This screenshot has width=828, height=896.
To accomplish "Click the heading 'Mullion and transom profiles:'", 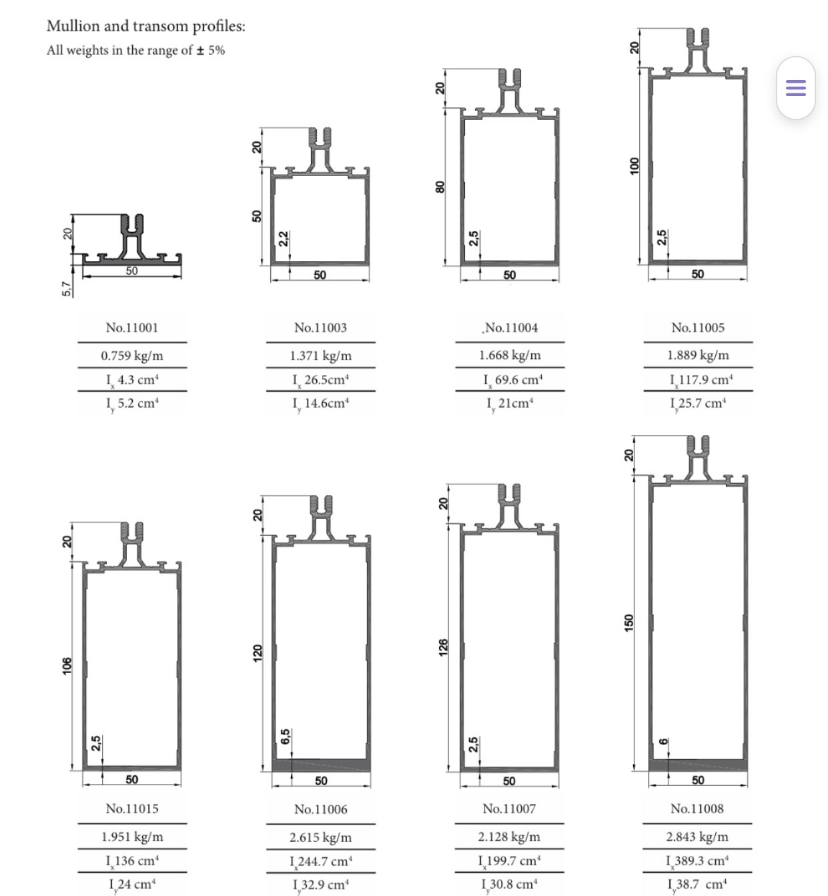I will click(x=145, y=26).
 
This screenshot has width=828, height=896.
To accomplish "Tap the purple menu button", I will click(x=795, y=87).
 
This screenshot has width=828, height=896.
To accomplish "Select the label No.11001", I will click(x=132, y=328).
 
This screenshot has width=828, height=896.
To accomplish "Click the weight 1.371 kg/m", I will click(x=320, y=356).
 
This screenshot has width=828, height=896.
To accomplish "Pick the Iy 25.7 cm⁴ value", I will click(x=698, y=403).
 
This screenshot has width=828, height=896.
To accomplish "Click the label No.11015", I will click(x=132, y=809).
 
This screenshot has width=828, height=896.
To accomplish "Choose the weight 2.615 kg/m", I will click(x=320, y=837).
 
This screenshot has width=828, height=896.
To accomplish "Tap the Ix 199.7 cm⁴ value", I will click(x=509, y=861).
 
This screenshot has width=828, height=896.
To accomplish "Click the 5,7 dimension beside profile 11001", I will click(x=66, y=288).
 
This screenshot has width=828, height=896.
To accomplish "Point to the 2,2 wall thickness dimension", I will click(x=284, y=238).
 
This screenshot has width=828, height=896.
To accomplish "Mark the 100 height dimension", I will click(x=635, y=165).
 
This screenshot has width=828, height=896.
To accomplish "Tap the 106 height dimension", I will click(x=66, y=664).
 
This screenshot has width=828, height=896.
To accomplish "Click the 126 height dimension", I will click(x=442, y=647).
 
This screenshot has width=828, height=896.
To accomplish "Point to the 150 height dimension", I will click(x=629, y=622).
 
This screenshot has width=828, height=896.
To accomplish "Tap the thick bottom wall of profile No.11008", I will click(x=698, y=765).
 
